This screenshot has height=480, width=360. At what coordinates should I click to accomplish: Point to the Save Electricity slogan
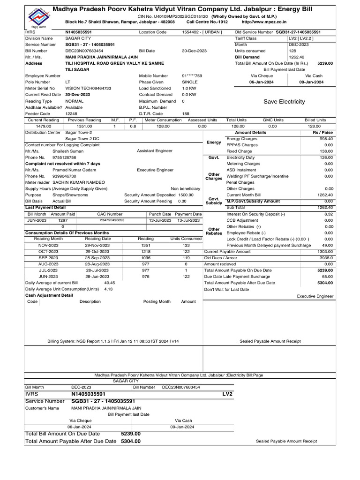click(x=284, y=102)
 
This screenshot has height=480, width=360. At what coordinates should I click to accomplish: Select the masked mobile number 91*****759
click(x=192, y=75)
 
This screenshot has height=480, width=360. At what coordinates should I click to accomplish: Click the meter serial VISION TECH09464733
click(x=88, y=88)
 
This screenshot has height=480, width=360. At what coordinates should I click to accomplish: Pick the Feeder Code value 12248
click(x=71, y=113)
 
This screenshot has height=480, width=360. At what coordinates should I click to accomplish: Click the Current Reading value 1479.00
click(x=44, y=127)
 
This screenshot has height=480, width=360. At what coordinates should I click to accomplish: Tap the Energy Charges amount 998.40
click(x=326, y=139)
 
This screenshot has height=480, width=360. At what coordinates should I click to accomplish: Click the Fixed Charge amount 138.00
click(x=326, y=151)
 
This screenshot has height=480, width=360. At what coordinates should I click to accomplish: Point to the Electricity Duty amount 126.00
click(x=326, y=158)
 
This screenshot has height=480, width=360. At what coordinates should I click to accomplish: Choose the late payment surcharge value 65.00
click(x=327, y=277)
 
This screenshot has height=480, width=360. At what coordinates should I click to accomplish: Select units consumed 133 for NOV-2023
click(x=186, y=245)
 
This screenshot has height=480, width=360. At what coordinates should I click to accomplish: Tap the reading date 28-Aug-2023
click(x=97, y=264)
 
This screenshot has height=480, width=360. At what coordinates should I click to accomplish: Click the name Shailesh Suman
click(x=68, y=151)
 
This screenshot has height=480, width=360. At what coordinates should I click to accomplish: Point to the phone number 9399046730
click(x=64, y=176)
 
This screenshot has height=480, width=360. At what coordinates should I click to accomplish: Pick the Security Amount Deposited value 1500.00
click(x=186, y=195)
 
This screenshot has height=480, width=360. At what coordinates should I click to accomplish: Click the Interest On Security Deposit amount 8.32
click(x=328, y=214)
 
